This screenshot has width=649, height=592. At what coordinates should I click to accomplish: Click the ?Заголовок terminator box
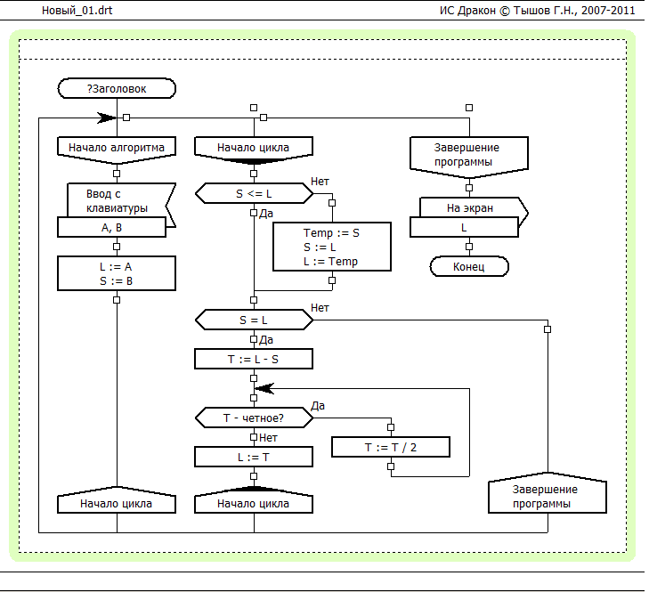[x=117, y=88]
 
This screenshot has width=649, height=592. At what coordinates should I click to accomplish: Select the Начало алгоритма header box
[x=117, y=147]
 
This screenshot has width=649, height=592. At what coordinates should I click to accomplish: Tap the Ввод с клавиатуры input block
[x=117, y=200]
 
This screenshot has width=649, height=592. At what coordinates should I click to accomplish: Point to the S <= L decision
[x=254, y=193]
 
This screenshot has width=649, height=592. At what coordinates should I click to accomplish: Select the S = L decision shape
[x=254, y=319]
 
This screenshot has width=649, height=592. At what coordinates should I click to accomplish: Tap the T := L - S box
[x=254, y=359]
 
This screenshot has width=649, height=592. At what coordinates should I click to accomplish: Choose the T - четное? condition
[x=254, y=417]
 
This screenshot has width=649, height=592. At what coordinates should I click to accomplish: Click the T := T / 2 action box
[x=390, y=447]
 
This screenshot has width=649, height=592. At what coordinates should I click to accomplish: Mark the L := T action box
[x=254, y=456]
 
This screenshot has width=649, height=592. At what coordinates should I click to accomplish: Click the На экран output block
[x=469, y=208]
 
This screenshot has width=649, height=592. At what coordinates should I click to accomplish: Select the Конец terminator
[x=469, y=266]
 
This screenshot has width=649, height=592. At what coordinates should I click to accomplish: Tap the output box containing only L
[x=464, y=227]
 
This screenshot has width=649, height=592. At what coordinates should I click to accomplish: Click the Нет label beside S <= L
[x=320, y=181]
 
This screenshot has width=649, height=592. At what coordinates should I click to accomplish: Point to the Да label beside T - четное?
[x=318, y=405]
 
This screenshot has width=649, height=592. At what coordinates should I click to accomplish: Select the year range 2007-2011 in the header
[x=610, y=10]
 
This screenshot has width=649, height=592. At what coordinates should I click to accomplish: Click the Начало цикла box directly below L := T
[x=254, y=503]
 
